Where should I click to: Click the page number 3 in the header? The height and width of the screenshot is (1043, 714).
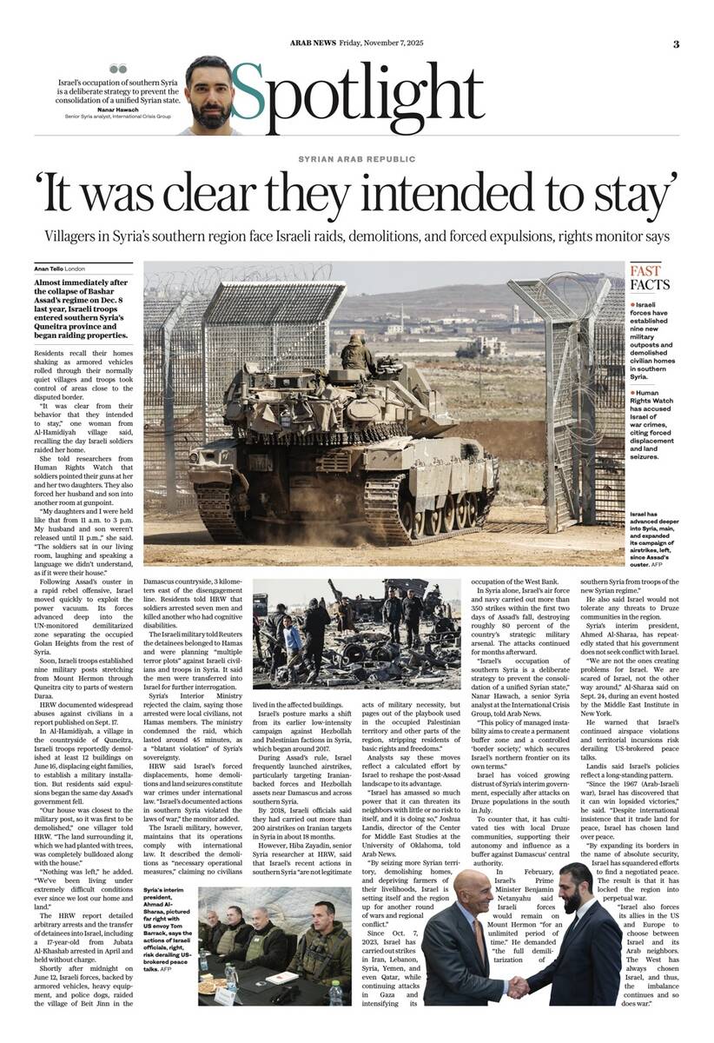click(676, 45)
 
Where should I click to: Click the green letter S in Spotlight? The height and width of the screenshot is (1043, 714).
click(248, 94)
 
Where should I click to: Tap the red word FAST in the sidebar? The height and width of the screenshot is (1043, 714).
click(645, 271)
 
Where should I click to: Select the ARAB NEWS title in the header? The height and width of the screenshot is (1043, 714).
click(313, 44)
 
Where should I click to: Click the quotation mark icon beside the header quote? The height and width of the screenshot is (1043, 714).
click(118, 69)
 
